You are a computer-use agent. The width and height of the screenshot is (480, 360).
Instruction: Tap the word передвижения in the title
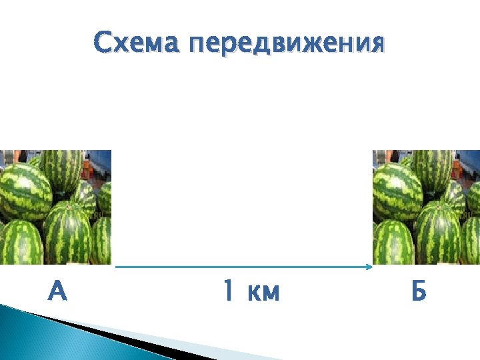coord(287,45)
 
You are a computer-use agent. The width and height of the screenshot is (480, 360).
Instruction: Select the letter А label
coord(58,291)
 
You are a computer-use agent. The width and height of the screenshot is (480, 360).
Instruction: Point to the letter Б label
coord(419,291)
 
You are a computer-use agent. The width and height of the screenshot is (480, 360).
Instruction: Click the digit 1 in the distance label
coord(228,291)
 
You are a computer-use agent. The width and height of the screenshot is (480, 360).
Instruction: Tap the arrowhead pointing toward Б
coord(369,267)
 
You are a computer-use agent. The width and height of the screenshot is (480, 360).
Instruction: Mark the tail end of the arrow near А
coord(118,267)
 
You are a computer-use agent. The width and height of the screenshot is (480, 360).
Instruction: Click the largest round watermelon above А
coord(25,191)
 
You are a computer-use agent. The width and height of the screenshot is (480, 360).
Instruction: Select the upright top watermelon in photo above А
coord(61,170)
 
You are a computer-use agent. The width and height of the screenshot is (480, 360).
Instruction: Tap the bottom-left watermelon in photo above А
coord(20,243)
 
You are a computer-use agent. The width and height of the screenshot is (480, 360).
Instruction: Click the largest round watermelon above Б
coord(397,191)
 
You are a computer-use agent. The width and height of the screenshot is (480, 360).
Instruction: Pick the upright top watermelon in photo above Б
coord(433,170)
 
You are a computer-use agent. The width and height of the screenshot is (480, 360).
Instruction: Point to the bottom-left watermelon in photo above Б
coord(393,243)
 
